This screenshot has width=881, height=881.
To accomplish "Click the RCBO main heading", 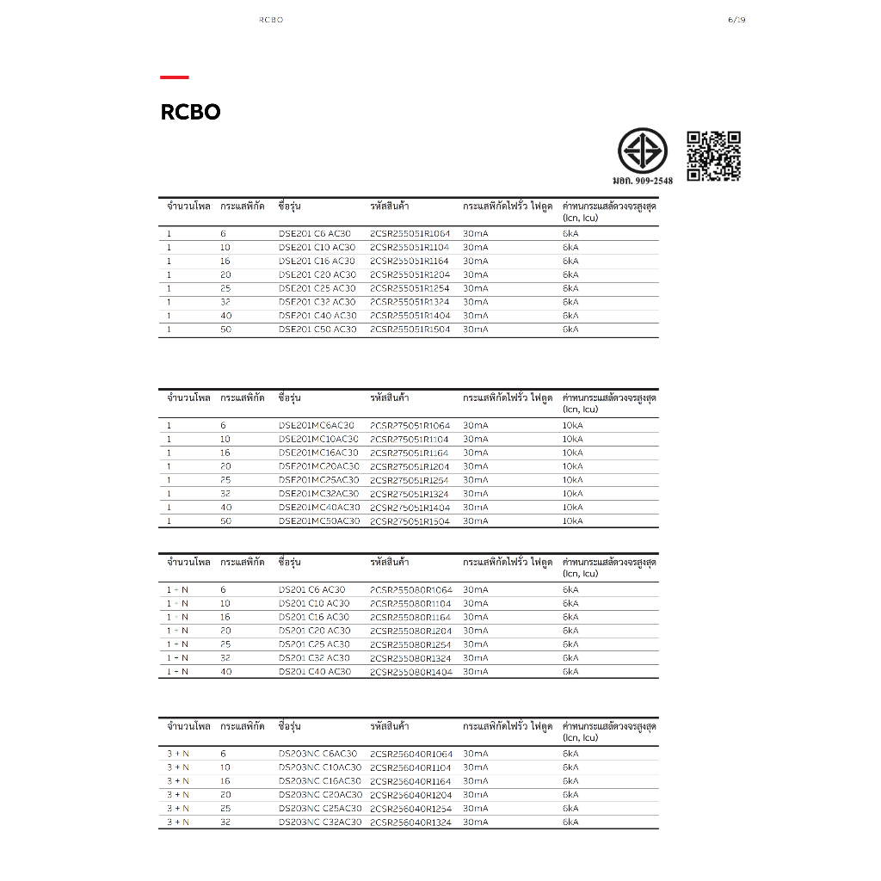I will click(x=190, y=113).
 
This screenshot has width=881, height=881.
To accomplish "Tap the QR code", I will click(x=713, y=156).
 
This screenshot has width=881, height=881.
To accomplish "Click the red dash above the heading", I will click(x=174, y=77).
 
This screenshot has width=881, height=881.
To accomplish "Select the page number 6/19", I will click(x=736, y=20).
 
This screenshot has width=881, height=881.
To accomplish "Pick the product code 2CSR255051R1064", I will click(x=410, y=233).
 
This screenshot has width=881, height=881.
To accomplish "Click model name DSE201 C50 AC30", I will click(x=317, y=330).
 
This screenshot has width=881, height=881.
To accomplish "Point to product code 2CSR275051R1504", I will click(x=410, y=521).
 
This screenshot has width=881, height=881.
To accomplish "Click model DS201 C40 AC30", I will click(x=314, y=671).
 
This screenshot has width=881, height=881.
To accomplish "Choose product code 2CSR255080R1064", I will click(x=410, y=589).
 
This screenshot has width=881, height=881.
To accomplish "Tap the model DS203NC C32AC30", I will click(x=319, y=822).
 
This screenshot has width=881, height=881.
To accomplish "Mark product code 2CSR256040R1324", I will click(x=410, y=822).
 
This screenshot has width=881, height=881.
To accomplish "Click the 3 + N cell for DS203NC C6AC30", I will click(x=178, y=753).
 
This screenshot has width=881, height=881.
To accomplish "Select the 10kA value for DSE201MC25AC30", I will click(x=572, y=480).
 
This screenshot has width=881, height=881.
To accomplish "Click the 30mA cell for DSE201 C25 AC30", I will click(x=475, y=288).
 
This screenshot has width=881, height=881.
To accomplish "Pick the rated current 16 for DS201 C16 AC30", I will click(x=225, y=617).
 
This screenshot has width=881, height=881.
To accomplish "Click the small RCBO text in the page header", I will click(x=270, y=20).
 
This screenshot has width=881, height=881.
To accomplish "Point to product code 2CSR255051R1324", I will click(x=410, y=302).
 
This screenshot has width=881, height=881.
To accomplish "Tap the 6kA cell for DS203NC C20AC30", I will click(x=570, y=794).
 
